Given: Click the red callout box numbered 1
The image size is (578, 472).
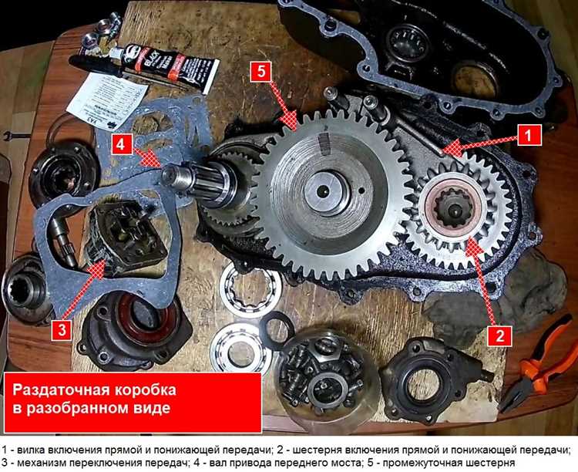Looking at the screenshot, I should click(x=529, y=135).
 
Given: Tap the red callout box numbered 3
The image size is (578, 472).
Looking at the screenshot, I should click(x=62, y=331).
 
